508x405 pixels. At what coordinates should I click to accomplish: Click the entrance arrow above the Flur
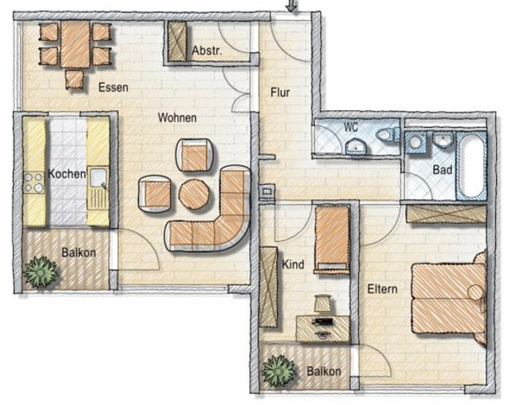point(291,5)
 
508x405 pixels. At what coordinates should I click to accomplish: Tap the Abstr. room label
point(207,50)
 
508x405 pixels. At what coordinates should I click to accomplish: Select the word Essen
point(113,87)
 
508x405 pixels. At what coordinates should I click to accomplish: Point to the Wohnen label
point(177,118)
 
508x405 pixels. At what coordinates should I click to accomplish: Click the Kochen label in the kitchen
point(67,174)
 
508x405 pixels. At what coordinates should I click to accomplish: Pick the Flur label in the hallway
point(280,92)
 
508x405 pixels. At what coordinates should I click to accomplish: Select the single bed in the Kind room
point(332,239)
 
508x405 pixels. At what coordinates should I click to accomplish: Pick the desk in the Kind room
point(323,328)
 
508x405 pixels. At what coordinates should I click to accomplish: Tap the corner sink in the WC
point(356,146)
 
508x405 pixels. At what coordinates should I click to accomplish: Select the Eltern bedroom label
point(382,289)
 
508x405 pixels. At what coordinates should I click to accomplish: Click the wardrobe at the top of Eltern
point(446,214)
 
